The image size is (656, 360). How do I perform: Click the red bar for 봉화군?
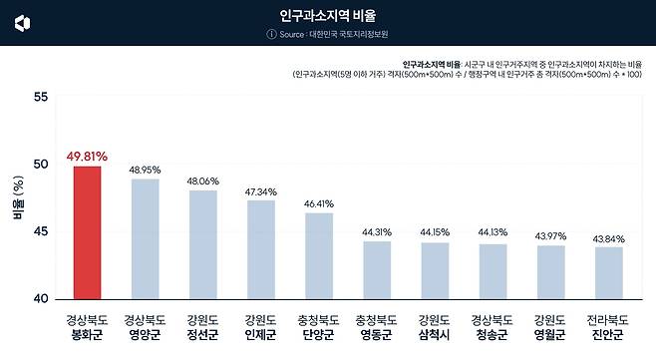(87, 232)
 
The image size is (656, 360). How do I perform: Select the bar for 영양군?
(145, 239)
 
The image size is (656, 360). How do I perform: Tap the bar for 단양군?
(318, 255)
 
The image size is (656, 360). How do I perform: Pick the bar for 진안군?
(608, 272)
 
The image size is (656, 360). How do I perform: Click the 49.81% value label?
(87, 157)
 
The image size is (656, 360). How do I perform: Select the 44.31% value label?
(376, 232)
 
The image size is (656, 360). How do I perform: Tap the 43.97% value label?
(550, 235)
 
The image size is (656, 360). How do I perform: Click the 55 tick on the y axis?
(40, 97)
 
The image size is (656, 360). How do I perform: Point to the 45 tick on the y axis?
(40, 231)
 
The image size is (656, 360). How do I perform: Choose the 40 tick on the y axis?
(40, 299)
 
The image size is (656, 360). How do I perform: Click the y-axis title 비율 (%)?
(17, 198)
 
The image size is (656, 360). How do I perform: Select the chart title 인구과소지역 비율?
(328, 16)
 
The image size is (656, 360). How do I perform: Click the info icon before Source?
(270, 35)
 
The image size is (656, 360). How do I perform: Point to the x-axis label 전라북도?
(608, 322)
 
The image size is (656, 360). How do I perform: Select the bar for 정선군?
(202, 244)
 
